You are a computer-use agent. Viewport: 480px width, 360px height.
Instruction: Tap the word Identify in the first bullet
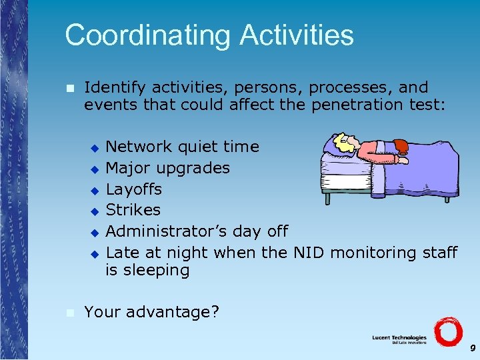[x=115, y=88]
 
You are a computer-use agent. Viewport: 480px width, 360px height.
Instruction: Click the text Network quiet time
[x=183, y=147]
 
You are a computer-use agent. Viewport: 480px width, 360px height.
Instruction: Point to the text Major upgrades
[x=167, y=168]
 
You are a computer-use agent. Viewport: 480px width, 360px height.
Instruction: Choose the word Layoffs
[x=133, y=189]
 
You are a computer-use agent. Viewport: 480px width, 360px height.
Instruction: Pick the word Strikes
[x=133, y=210]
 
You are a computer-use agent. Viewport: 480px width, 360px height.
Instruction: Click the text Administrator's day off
[x=197, y=231]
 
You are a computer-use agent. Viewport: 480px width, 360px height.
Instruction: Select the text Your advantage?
[x=151, y=312]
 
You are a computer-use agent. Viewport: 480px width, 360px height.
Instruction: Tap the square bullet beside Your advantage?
[x=69, y=312]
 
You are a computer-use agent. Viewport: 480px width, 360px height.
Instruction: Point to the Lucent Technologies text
[x=399, y=338]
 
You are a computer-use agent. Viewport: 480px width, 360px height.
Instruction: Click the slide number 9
[x=472, y=348]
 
